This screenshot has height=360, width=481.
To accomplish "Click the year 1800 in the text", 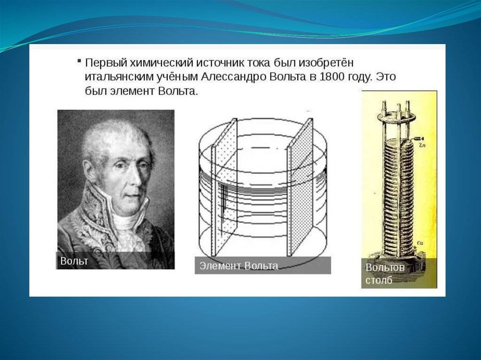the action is tap(332, 77).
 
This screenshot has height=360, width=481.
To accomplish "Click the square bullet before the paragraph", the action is tap(79, 61).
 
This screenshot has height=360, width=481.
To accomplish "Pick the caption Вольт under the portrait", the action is tap(74, 261).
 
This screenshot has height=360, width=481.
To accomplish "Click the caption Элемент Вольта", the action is tap(239, 266).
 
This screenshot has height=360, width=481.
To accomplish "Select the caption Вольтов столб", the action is tap(385, 274).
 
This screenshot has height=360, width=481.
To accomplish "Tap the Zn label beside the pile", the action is tap(421, 146).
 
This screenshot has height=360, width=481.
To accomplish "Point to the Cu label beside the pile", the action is tap(420, 243).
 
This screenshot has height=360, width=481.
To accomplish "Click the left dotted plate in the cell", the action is tap(224, 188).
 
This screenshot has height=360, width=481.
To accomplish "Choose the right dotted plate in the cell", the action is tap(300, 188).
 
